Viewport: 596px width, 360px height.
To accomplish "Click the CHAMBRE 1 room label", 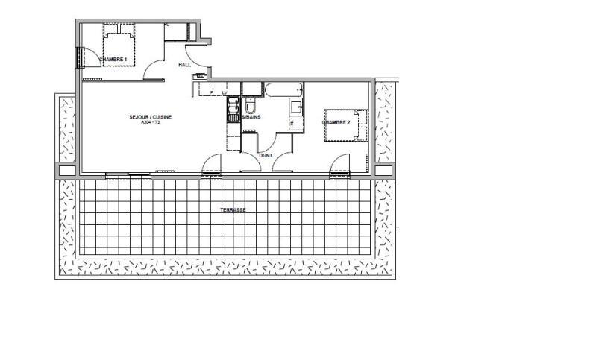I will [113, 58].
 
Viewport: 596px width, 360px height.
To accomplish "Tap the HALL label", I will [184, 65].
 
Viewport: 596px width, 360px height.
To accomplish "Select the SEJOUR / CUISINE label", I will [151, 117].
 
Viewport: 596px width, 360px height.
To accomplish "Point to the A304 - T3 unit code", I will [150, 123].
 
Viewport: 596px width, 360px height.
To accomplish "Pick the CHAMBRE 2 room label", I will [336, 121].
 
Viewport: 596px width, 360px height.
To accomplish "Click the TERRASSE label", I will [233, 210].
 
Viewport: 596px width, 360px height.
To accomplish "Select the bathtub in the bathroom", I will [283, 91].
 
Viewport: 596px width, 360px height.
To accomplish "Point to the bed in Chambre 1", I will [119, 46].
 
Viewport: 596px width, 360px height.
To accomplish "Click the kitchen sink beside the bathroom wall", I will [233, 104].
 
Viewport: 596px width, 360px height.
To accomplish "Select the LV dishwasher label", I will [224, 92].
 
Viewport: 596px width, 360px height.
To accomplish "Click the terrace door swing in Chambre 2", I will [341, 163].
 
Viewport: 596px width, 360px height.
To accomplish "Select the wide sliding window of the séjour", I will [128, 175].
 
